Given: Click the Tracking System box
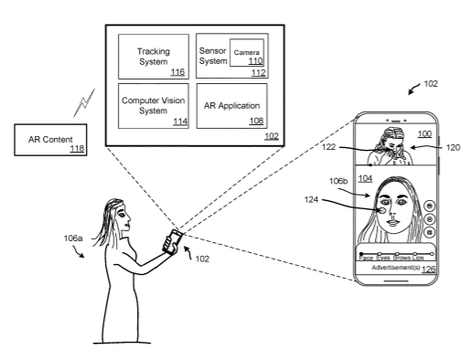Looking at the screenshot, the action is point(154,57).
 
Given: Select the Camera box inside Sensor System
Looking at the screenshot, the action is point(247,52).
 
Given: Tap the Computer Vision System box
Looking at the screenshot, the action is point(154,106).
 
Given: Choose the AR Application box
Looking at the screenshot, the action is point(232,106).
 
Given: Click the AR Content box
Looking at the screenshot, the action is point(50,140).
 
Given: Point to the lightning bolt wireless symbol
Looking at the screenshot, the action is point(84,103).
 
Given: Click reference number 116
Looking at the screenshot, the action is point(177,72).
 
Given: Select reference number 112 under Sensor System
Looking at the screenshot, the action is point(259,73).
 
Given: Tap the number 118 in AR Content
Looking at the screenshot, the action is point(77,148).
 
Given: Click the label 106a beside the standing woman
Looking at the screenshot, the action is point(73,238).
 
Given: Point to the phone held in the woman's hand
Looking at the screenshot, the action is point(173,241).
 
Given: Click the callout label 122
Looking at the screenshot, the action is point(328,147).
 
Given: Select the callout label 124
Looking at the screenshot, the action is point(311,200).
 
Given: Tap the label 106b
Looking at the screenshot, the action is point(338,181).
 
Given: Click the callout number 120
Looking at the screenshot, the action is point(453,148).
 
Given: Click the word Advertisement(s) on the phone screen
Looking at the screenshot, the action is point(396,268).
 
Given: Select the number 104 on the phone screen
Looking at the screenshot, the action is point(365,178).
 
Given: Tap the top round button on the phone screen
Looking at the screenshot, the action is point(430,206).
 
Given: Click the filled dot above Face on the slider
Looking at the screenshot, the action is point(361,253).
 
